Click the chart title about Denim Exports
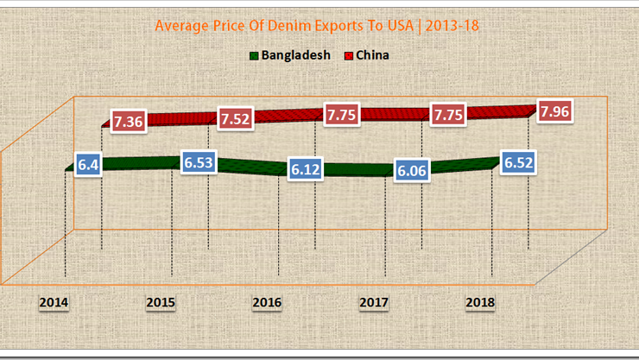click(318, 26)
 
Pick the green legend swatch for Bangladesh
click(254, 56)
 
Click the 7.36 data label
click(128, 122)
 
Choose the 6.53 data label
click(198, 162)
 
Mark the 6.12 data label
click(306, 170)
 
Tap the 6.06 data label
click(412, 171)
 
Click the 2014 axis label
click(54, 303)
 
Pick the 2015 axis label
click(161, 303)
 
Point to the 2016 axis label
click(267, 303)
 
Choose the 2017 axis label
click(374, 303)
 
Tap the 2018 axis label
click(480, 303)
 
